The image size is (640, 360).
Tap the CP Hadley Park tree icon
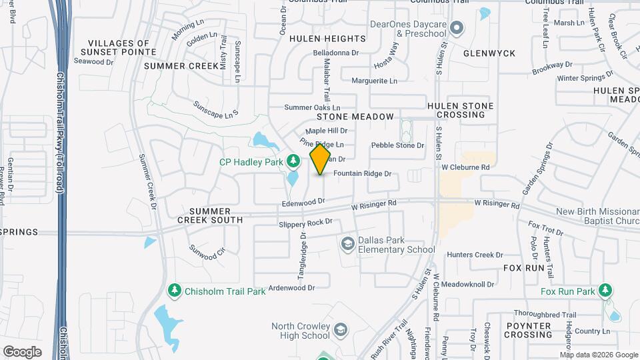click(293, 161)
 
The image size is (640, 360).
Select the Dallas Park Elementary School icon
click(347, 245)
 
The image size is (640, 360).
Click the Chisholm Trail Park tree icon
click(174, 291)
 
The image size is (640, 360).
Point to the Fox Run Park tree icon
click(605, 291)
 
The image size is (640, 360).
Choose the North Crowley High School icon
click(341, 330)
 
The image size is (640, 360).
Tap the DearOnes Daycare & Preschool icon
click(457, 28)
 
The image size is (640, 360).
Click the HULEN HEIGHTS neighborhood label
click(327, 39)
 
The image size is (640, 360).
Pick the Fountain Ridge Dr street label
click(361, 174)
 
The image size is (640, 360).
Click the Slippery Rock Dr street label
click(305, 223)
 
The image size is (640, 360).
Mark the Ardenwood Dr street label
click(291, 287)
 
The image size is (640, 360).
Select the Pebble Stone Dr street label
click(397, 145)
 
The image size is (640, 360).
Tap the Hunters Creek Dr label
click(475, 255)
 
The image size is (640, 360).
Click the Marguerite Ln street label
click(374, 81)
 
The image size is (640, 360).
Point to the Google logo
click(22, 351)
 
